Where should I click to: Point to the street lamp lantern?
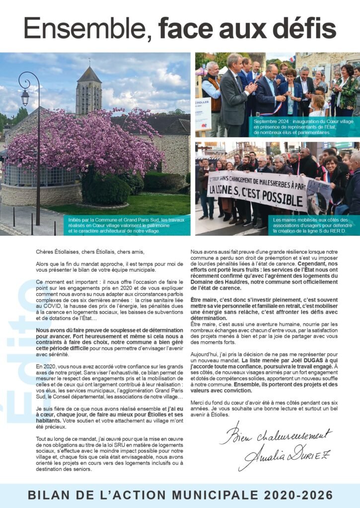[x=25, y=97]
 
